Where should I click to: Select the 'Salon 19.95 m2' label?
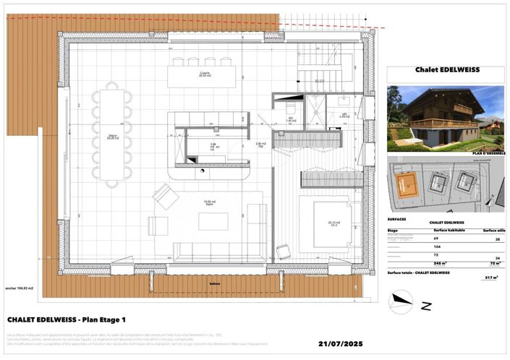(x=207, y=204)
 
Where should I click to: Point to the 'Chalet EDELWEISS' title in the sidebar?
(x=446, y=71)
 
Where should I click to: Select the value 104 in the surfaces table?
(x=436, y=247)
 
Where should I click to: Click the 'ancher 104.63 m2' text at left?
(x=25, y=288)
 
